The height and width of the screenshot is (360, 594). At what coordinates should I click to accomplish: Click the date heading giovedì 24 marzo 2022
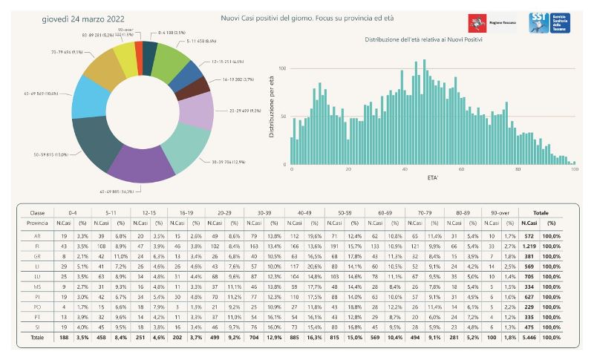click(x=83, y=18)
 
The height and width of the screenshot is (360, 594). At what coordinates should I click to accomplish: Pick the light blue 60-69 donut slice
click(x=91, y=97)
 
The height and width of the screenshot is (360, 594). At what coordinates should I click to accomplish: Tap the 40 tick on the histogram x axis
click(x=405, y=169)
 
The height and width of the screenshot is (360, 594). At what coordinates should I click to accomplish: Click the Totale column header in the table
click(x=541, y=212)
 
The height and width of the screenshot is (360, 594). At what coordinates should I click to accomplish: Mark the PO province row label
click(x=36, y=305)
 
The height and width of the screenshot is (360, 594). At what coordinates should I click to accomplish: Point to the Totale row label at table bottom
click(x=36, y=336)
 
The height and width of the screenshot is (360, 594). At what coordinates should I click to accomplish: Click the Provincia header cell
click(x=36, y=222)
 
